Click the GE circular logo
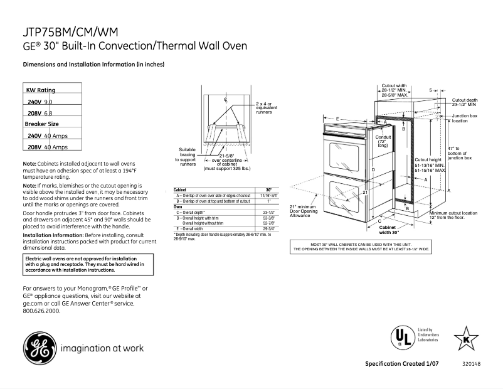pyautogui.click(x=39, y=347)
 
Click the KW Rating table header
pyautogui.click(x=41, y=90)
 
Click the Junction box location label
pyautogui.click(x=465, y=118)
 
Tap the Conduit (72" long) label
pyautogui.click(x=383, y=141)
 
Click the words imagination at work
pyautogui.click(x=102, y=348)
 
